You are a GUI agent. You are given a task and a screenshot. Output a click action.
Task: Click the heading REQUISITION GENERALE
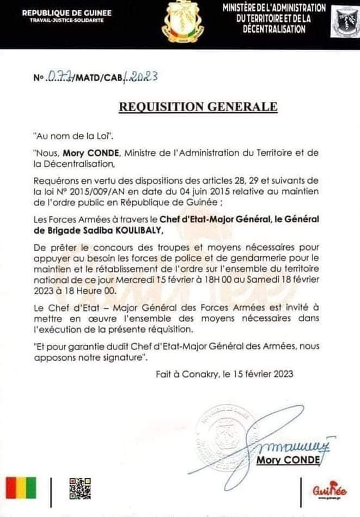point(199,107)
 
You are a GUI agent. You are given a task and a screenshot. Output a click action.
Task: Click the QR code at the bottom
point(80,489)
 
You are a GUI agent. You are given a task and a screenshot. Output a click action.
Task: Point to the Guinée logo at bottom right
point(326,491)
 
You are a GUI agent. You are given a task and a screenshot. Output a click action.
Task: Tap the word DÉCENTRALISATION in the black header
point(274,29)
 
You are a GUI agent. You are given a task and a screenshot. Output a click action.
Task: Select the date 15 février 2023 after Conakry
point(264,374)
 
